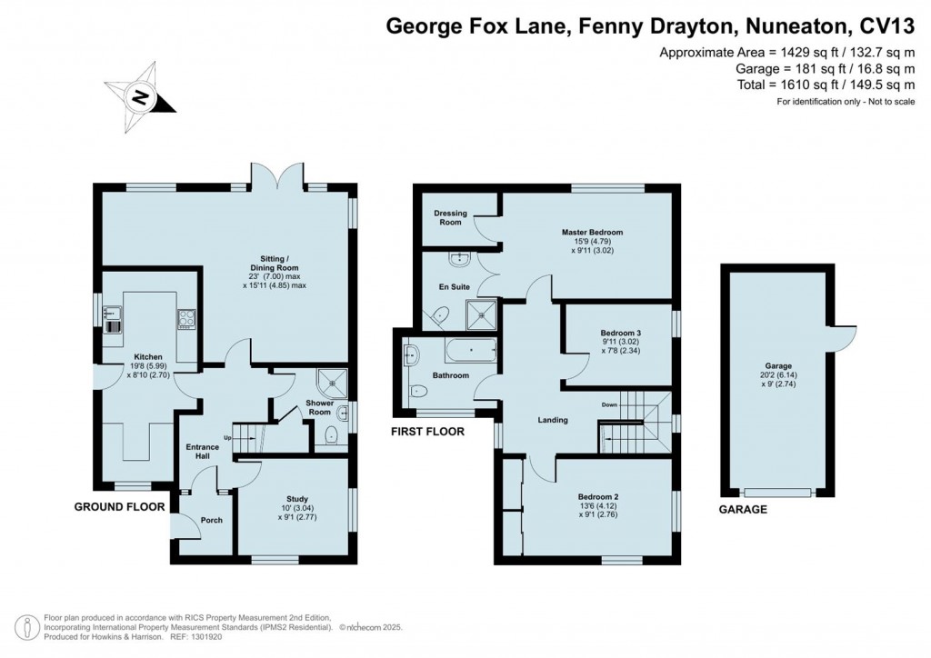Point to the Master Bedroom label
coord(592,232)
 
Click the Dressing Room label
coord(450,218)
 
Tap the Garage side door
coord(846,338)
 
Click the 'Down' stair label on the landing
coord(609,404)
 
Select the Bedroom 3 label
coord(619,334)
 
